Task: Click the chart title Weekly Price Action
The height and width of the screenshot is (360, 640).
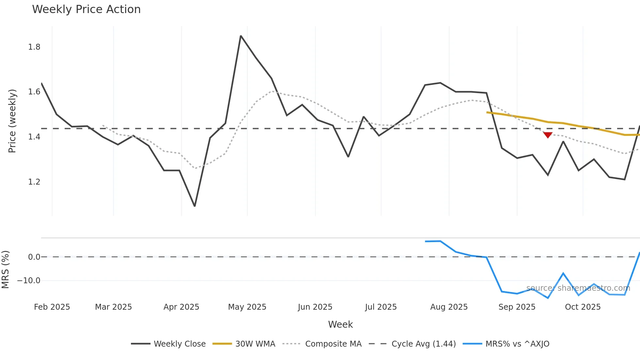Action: [x=86, y=9]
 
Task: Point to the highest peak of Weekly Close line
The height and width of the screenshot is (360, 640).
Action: [x=241, y=36]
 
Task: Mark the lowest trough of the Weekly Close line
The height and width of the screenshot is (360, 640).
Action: [x=195, y=206]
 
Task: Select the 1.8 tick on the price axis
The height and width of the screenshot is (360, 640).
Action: [x=34, y=47]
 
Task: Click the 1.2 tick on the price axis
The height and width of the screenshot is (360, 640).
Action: [x=34, y=182]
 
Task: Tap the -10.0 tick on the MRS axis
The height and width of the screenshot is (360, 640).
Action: [x=29, y=281]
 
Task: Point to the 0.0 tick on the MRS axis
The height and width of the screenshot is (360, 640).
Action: [x=34, y=257]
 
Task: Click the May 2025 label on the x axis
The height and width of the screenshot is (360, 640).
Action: [x=247, y=307]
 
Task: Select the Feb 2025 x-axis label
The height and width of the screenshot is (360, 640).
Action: [x=52, y=307]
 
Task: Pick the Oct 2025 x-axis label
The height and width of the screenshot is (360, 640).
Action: [x=583, y=307]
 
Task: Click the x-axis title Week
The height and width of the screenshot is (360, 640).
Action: [x=340, y=324]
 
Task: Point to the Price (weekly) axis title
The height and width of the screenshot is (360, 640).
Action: [x=12, y=121]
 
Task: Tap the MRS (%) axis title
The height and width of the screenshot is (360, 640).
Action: [x=5, y=270]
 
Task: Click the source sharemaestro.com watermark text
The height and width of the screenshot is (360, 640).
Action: [x=578, y=288]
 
